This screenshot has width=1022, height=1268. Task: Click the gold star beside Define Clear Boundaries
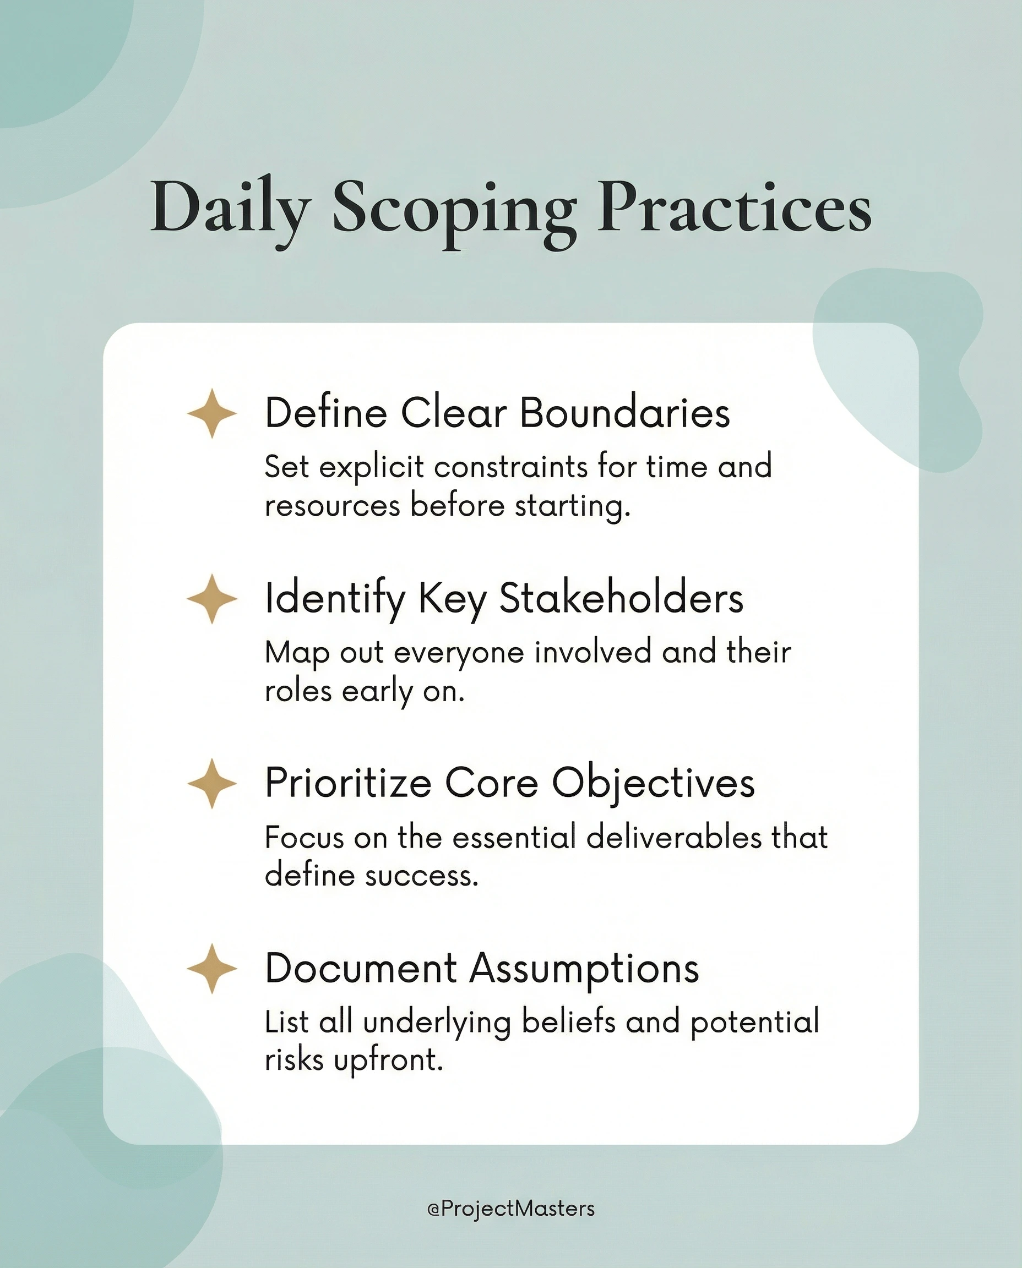(x=212, y=413)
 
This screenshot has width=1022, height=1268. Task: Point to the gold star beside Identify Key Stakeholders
(x=212, y=598)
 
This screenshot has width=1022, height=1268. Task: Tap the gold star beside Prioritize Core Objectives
(x=212, y=783)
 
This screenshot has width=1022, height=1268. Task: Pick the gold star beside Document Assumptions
(x=212, y=969)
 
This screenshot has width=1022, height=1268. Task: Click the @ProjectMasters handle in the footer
(x=510, y=1209)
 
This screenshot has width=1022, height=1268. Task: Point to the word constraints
(x=511, y=467)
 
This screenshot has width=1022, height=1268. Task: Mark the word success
(x=421, y=876)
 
